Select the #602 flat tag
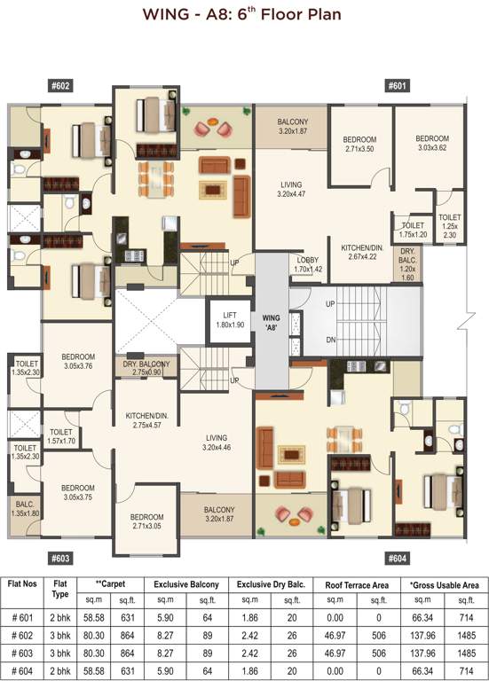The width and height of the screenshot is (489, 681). pyautogui.click(x=60, y=85)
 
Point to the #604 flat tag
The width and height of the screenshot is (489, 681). pyautogui.click(x=397, y=559)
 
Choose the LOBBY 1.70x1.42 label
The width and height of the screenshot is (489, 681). pyautogui.click(x=309, y=263)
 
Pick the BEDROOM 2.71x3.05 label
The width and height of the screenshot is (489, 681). pyautogui.click(x=146, y=521)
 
